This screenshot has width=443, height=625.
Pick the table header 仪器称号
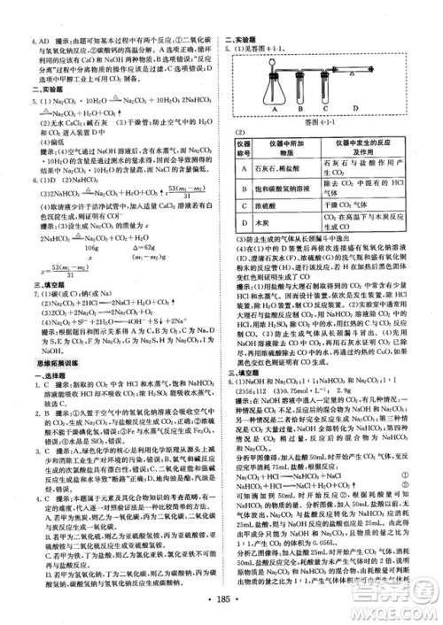coord(240,143)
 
